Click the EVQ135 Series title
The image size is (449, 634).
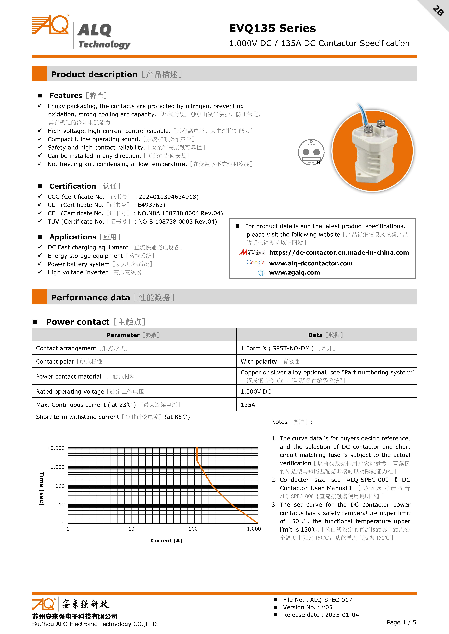pyautogui.click(x=272, y=28)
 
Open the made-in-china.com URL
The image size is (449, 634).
pyautogui.click(x=339, y=253)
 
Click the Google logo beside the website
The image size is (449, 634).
pyautogui.click(x=255, y=263)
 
